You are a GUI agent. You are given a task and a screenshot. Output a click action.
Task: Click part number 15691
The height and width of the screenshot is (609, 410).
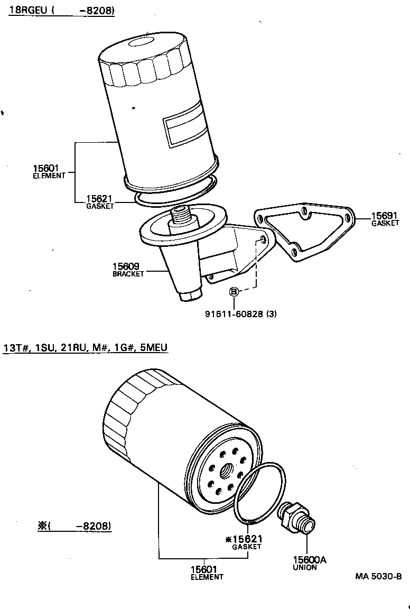[385, 216]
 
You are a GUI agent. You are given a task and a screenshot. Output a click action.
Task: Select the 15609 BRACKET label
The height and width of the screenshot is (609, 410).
[128, 270]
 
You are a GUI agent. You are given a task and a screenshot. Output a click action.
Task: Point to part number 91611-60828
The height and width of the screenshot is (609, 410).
[234, 313]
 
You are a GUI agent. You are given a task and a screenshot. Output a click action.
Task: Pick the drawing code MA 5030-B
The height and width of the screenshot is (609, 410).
[378, 576]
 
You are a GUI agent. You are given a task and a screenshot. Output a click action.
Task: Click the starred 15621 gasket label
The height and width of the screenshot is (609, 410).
[244, 542]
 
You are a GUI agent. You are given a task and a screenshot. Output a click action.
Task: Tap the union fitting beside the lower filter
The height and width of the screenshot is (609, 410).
[298, 516]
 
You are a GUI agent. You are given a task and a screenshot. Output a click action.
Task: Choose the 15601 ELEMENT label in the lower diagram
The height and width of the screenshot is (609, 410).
[207, 572]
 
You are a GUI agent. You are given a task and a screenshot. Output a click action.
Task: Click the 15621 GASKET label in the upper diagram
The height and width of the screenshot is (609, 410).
[100, 201]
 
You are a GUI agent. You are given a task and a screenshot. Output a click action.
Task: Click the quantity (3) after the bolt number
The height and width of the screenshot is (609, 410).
[271, 313]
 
